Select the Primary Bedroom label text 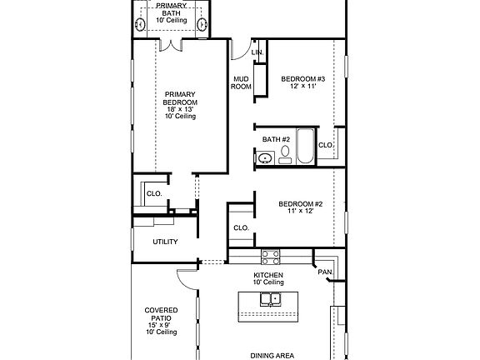pyautogui.click(x=180, y=98)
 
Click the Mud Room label pyautogui.click(x=241, y=83)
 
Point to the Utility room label pyautogui.click(x=165, y=242)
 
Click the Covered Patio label pyautogui.click(x=161, y=314)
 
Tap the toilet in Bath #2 pyautogui.click(x=285, y=155)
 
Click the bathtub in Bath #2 pyautogui.click(x=306, y=146)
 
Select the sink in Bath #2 pyautogui.click(x=265, y=158)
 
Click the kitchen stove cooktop pyautogui.click(x=270, y=257)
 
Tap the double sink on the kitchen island pyautogui.click(x=271, y=299)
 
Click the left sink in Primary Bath pyautogui.click(x=140, y=24)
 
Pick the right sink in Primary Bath pyautogui.click(x=202, y=24)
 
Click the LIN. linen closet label pyautogui.click(x=257, y=52)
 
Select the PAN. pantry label pyautogui.click(x=325, y=272)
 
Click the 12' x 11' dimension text pyautogui.click(x=303, y=86)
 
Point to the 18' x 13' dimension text pyautogui.click(x=180, y=109)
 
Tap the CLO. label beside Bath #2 pyautogui.click(x=326, y=145)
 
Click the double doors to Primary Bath pyautogui.click(x=171, y=45)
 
